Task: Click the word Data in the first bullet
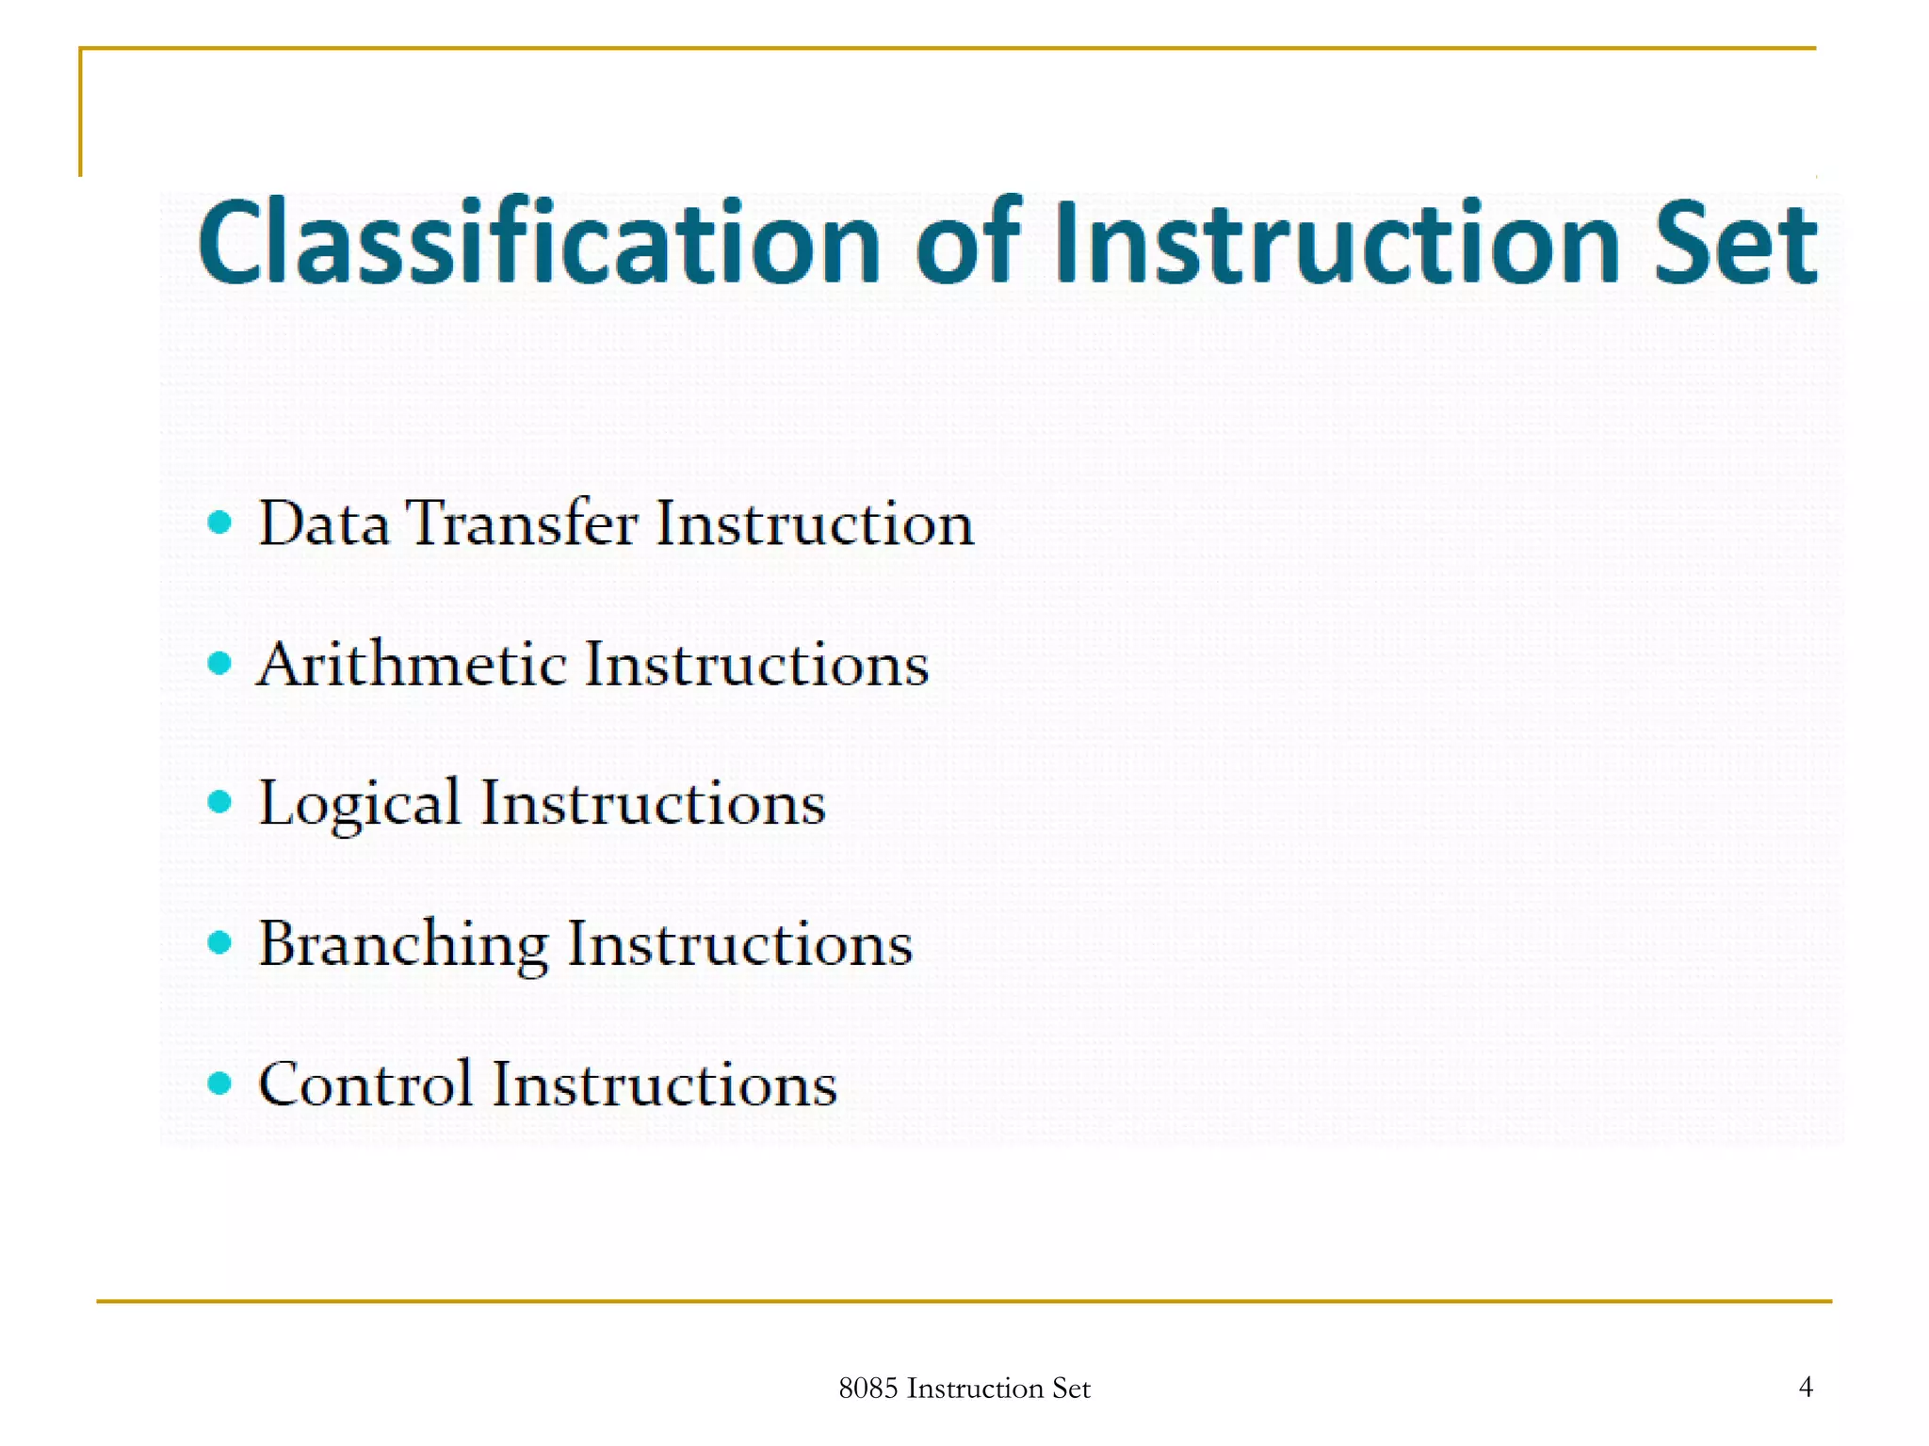[x=323, y=523]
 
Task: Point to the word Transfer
[x=522, y=523]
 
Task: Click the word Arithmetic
[x=412, y=665]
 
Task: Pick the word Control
[x=365, y=1084]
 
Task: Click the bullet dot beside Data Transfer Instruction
[x=219, y=522]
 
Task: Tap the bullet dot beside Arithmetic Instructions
[x=219, y=664]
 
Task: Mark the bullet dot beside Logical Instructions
[x=219, y=802]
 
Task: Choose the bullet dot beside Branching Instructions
[x=219, y=941]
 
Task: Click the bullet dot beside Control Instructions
[x=219, y=1084]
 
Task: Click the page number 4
[x=1806, y=1387]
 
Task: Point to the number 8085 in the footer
[x=867, y=1389]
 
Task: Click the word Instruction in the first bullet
[x=815, y=523]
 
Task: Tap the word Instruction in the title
[x=1337, y=243]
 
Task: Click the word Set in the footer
[x=1071, y=1389]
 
